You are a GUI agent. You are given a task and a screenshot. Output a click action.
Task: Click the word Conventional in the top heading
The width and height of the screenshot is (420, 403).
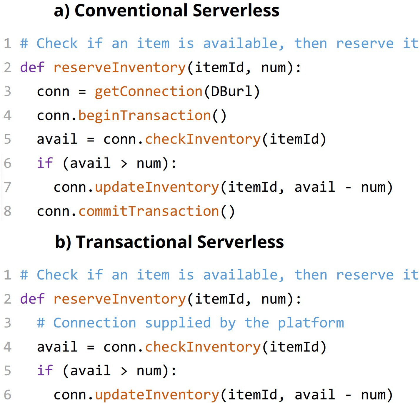131,10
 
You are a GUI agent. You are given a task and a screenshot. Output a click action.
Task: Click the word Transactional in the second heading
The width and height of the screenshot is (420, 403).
134,242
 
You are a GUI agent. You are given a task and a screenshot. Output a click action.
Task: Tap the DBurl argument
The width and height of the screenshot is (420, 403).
231,91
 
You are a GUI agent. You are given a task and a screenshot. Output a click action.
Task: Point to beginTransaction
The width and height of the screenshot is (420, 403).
144,116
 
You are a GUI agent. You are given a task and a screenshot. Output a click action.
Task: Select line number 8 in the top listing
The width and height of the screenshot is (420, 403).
8,211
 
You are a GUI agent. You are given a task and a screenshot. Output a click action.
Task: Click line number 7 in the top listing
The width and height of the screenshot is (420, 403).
8,187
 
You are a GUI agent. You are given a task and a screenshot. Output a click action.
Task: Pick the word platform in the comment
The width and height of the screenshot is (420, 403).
311,323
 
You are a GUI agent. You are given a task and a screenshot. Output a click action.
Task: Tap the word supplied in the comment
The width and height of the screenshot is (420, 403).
178,323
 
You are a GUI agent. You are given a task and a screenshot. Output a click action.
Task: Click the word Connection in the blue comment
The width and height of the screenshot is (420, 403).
95,323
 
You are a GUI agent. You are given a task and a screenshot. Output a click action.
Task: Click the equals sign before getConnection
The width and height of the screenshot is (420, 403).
82,92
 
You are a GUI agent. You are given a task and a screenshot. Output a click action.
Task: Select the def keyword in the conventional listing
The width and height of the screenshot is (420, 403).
32,67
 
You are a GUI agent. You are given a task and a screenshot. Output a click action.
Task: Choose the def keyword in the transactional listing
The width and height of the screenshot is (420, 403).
32,299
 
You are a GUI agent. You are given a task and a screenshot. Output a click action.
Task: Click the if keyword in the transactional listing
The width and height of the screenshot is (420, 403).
45,370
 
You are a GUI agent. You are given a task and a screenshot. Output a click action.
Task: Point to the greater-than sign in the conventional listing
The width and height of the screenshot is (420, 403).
124,164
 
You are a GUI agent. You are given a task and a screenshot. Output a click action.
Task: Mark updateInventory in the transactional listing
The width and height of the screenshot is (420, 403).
157,395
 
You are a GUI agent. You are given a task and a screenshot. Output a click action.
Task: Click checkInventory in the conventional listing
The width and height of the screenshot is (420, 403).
203,139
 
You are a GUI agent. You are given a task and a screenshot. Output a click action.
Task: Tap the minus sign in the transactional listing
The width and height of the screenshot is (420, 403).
348,395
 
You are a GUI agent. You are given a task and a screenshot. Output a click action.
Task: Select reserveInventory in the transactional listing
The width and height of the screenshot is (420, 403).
120,299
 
